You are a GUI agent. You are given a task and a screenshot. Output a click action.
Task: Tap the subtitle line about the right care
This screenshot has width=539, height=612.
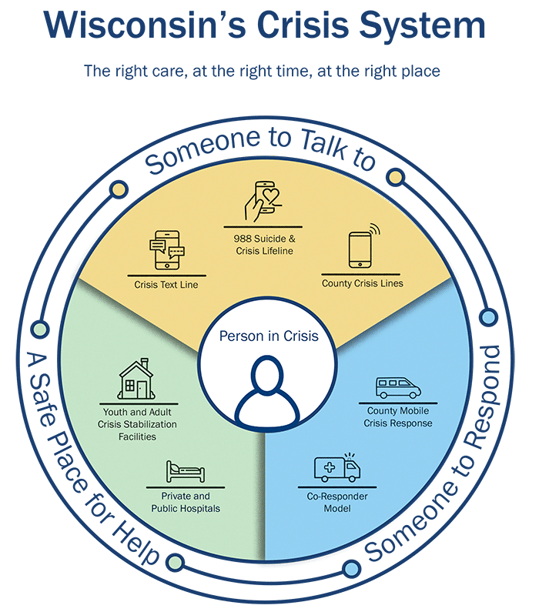tap(262, 72)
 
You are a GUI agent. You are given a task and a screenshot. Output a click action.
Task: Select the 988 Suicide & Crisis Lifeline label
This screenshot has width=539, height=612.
tap(263, 245)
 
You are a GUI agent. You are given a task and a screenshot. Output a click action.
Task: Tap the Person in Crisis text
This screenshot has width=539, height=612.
tap(268, 336)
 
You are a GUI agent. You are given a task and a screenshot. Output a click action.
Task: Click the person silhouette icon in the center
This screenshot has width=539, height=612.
tap(266, 389)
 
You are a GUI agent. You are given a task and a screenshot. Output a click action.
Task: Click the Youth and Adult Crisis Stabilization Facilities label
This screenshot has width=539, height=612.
tap(139, 424)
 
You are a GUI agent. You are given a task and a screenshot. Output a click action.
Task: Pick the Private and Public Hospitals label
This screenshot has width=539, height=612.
tap(185, 503)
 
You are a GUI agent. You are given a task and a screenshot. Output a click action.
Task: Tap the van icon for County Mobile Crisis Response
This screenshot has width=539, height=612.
tap(398, 386)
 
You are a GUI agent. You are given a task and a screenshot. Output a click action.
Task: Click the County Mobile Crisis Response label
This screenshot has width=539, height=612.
tap(399, 417)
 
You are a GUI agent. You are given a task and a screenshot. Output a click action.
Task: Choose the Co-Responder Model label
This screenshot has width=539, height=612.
tap(338, 503)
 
